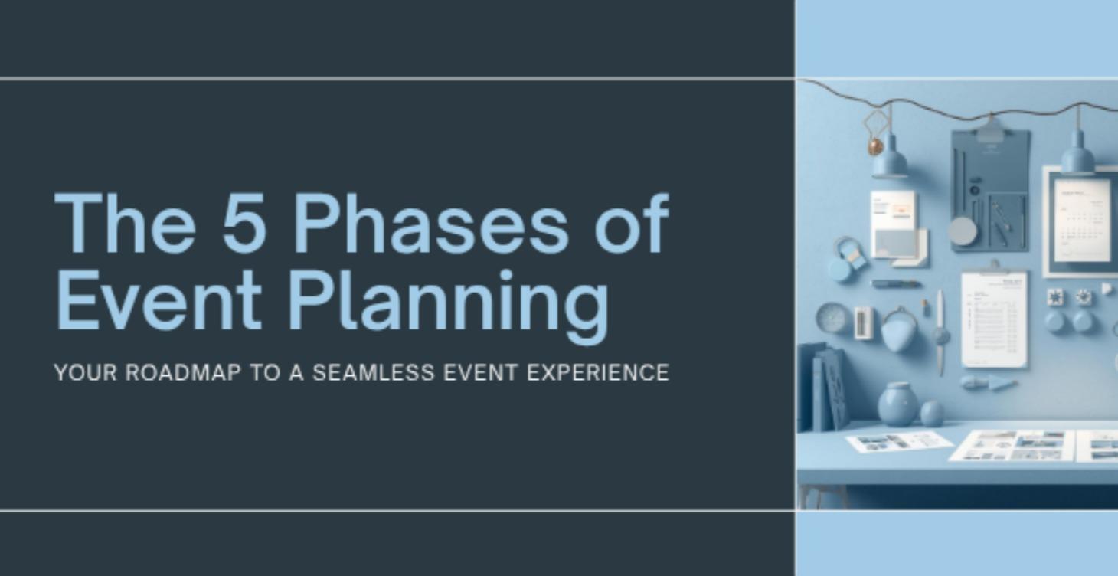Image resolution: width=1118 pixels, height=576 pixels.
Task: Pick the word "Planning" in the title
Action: pyautogui.click(x=448, y=305)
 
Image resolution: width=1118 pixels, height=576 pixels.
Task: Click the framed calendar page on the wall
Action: pyautogui.click(x=1081, y=221)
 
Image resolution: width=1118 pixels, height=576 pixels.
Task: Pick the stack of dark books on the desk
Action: pyautogui.click(x=822, y=387)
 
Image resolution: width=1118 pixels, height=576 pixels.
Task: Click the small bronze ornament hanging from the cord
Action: pyautogui.click(x=874, y=146)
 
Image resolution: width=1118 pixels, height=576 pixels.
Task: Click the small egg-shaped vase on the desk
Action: pyautogui.click(x=932, y=413)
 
